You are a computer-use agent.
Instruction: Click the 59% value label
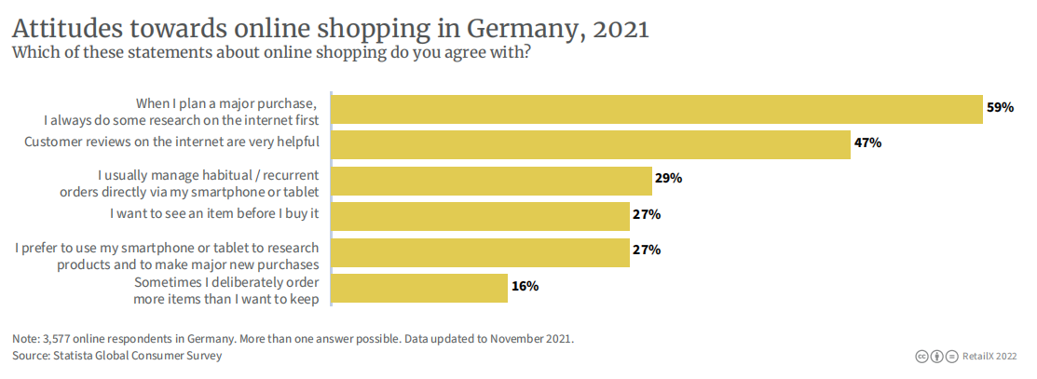point(1000,108)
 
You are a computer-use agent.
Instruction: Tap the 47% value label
point(867,143)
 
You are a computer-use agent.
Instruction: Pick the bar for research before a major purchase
point(658,109)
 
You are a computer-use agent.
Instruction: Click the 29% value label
point(669,178)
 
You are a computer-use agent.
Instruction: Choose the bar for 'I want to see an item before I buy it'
point(481,216)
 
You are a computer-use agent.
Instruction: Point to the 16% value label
point(525,286)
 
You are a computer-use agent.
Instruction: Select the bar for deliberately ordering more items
point(419,288)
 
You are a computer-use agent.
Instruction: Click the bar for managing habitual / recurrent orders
point(491,181)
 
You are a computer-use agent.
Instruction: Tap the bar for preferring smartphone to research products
point(481,252)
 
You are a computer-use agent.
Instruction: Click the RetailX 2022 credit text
point(989,357)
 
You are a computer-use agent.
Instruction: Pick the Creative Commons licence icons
point(936,357)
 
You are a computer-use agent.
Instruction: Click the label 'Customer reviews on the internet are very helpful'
point(171,142)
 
